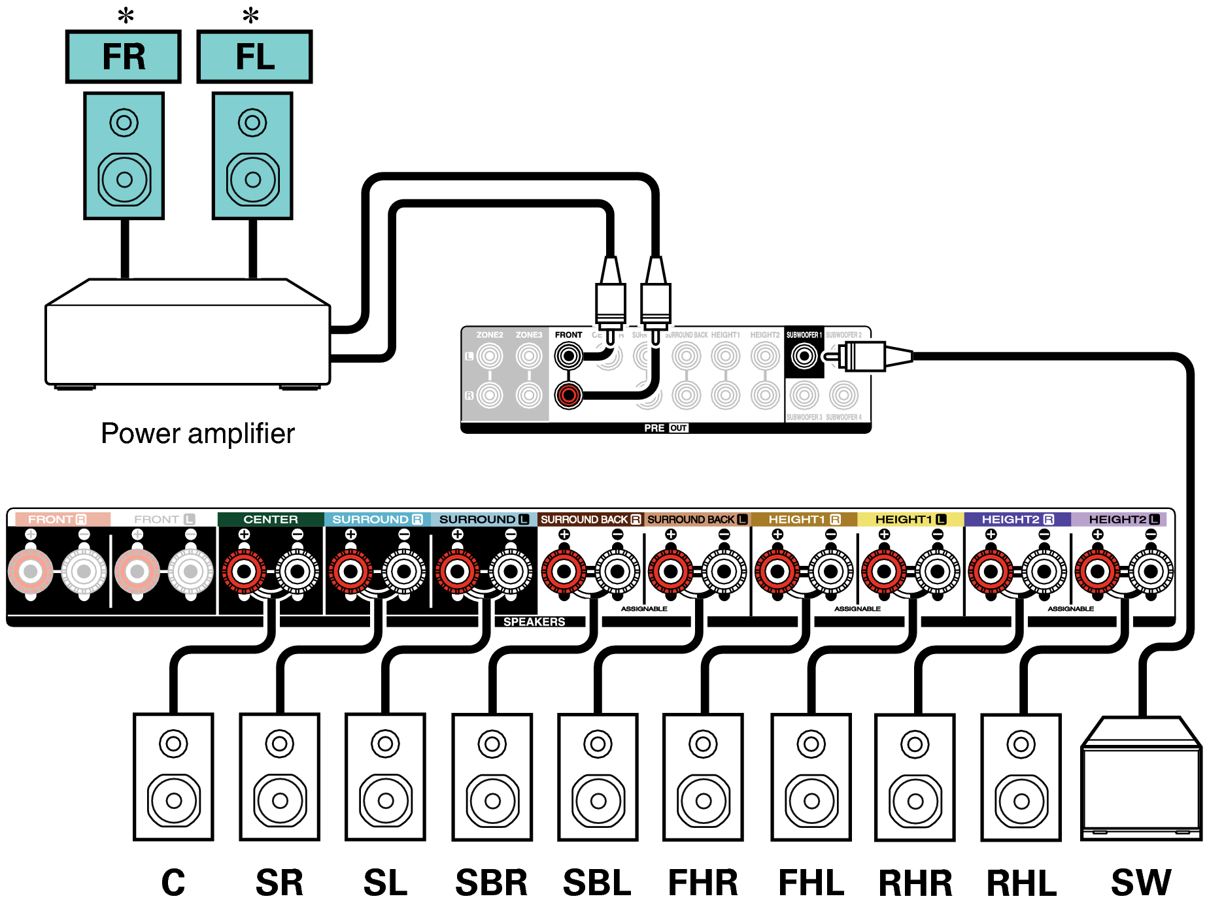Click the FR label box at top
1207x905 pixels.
coord(124,57)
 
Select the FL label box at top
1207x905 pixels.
coord(254,57)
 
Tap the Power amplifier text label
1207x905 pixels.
coord(197,434)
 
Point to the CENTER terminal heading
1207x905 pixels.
coord(271,519)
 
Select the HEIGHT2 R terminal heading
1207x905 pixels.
coord(1017,519)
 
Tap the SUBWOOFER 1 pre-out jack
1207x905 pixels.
coord(804,356)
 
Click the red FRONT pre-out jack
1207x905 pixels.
coord(568,395)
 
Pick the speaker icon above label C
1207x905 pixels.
coord(173,777)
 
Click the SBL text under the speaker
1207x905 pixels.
coord(597,883)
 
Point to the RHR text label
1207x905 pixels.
coord(915,883)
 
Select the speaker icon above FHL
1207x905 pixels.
coord(811,777)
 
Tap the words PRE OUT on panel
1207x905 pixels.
coord(666,428)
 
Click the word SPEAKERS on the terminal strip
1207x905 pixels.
coord(534,621)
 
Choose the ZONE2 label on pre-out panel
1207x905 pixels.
coord(490,335)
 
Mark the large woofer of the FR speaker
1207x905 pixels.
coord(124,179)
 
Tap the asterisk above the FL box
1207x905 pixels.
coord(250,15)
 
